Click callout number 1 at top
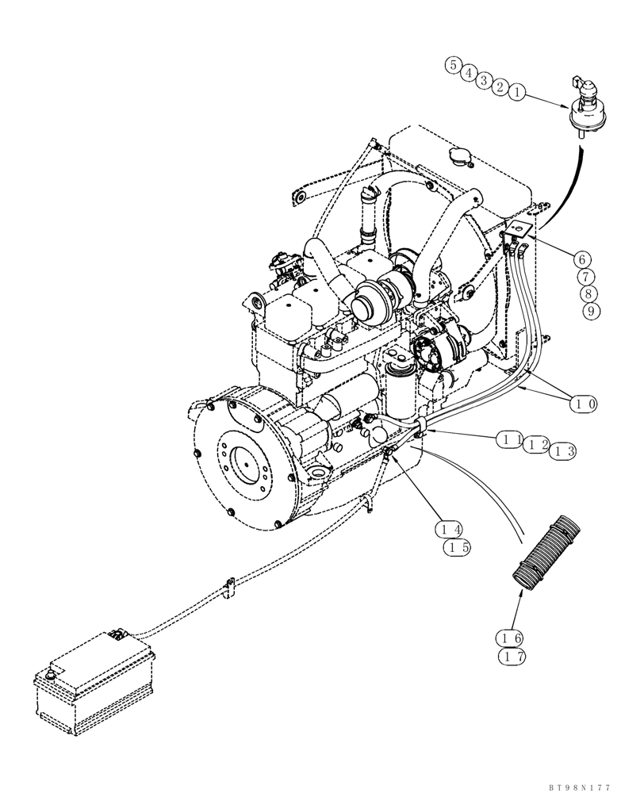[516, 93]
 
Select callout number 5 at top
[453, 65]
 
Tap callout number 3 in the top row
[485, 79]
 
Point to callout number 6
[582, 259]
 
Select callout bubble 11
[510, 439]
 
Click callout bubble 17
[511, 657]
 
